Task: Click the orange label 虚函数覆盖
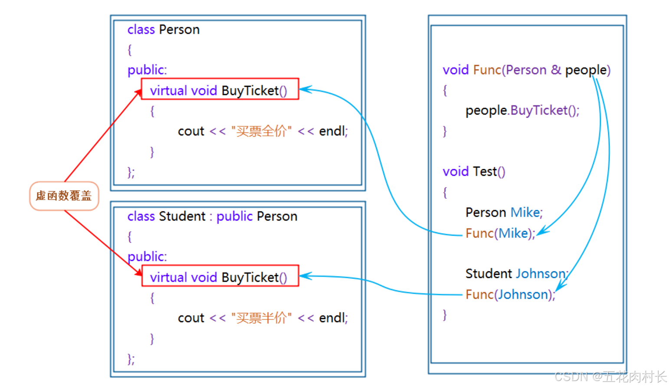point(64,196)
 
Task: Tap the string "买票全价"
point(261,131)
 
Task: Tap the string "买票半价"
point(261,318)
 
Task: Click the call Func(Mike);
point(500,233)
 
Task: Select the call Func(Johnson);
point(510,295)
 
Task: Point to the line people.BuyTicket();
point(522,111)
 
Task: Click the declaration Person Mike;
point(504,212)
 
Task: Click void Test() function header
point(474,172)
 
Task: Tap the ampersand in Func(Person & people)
point(556,70)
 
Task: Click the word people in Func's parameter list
point(586,70)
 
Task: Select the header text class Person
point(163,30)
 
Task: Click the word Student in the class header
point(182,216)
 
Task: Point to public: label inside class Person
point(147,70)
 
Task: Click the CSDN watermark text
point(610,376)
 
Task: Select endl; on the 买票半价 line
point(333,318)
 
